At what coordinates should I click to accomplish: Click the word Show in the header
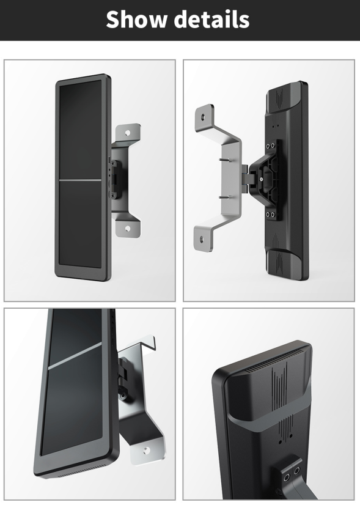136,19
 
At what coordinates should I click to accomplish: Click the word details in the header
212,19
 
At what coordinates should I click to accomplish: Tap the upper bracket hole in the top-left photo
128,133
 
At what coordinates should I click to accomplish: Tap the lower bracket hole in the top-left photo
128,228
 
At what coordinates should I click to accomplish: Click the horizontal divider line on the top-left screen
80,180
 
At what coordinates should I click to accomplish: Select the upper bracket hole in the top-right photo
203,117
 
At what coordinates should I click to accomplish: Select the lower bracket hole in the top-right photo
202,239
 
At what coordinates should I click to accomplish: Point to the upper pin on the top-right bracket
224,160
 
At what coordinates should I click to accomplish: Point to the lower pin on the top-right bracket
224,197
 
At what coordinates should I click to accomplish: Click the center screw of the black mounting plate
261,179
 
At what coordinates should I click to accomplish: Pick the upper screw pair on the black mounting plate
271,146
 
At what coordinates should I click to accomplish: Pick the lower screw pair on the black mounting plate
271,214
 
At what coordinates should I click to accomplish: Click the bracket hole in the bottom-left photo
147,451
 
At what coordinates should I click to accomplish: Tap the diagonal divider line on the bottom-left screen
75,356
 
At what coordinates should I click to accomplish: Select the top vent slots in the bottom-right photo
273,359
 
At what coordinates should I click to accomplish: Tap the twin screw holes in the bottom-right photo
291,474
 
